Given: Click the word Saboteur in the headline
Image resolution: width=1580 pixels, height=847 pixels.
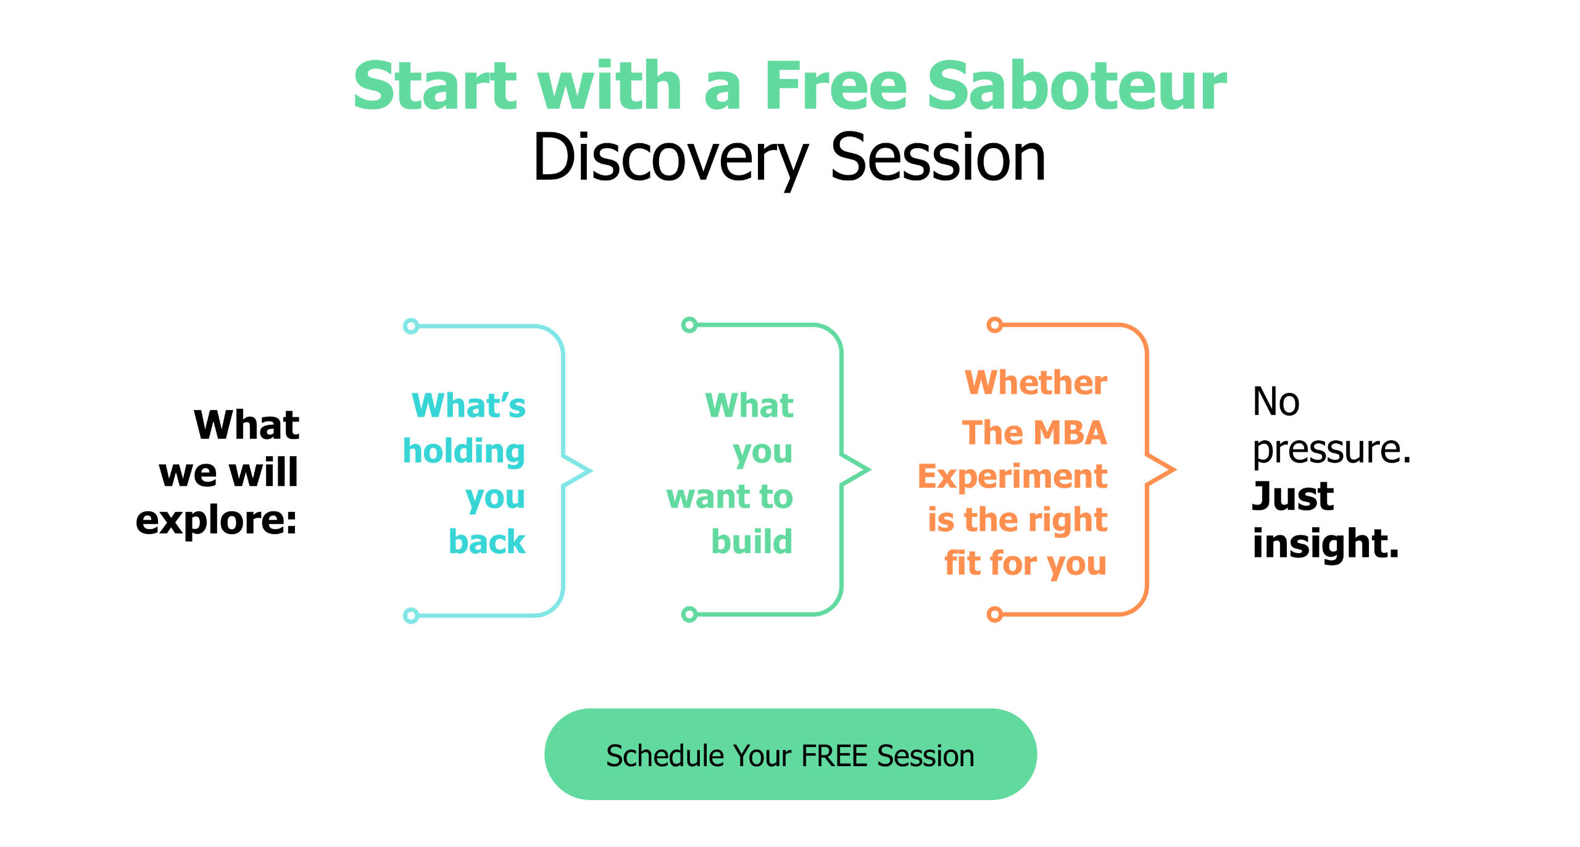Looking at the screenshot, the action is [x=1077, y=86].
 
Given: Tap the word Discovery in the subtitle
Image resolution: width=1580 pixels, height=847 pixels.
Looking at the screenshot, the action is [x=670, y=159].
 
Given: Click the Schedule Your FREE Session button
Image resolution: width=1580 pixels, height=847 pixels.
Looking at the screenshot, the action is [x=790, y=754].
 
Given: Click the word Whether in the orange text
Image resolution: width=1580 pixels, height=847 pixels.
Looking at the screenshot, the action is [x=1036, y=383].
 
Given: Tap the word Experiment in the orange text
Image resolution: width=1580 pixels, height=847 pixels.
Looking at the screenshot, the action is [x=1013, y=477].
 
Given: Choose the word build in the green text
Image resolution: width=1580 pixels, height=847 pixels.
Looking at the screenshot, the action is [x=752, y=541].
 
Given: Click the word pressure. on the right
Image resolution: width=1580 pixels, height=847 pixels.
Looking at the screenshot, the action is [x=1331, y=450].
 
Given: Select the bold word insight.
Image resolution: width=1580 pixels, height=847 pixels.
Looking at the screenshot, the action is [x=1326, y=543].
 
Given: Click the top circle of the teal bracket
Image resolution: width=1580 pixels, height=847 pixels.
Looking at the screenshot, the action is [x=411, y=326].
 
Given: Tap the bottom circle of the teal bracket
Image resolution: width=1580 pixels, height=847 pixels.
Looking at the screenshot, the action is [x=411, y=615].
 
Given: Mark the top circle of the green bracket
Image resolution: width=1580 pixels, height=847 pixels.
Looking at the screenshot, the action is [x=689, y=325].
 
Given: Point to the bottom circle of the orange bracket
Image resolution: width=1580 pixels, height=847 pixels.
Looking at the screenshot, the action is [x=995, y=614].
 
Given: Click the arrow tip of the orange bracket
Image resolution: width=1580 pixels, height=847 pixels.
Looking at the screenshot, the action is [x=1175, y=470].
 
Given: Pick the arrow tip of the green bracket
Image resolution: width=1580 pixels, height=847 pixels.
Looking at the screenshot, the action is [x=870, y=470].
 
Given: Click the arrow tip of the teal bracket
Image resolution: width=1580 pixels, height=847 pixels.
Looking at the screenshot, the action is [x=591, y=471].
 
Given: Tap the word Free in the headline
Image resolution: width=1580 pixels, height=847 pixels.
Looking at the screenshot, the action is [x=834, y=86].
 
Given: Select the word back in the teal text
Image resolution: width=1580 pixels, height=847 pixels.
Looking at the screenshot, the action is [x=487, y=541].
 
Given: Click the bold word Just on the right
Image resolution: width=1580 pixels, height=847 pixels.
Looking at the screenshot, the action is [x=1293, y=496].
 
